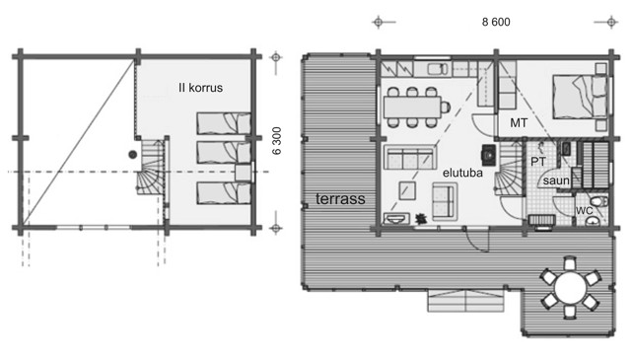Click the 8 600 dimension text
[496, 22]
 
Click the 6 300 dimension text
[276, 141]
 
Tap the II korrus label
[200, 88]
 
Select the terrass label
[340, 199]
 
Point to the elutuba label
[462, 173]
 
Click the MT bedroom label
[519, 123]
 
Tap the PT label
[538, 162]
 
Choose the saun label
[556, 180]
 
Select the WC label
[584, 210]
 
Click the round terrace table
[570, 288]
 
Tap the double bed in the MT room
[580, 97]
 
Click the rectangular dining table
[412, 108]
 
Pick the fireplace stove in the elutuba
[488, 155]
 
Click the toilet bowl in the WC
[598, 201]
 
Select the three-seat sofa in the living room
[410, 157]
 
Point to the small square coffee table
[407, 190]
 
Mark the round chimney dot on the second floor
[132, 154]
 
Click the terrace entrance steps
[465, 301]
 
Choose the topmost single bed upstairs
[224, 123]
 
